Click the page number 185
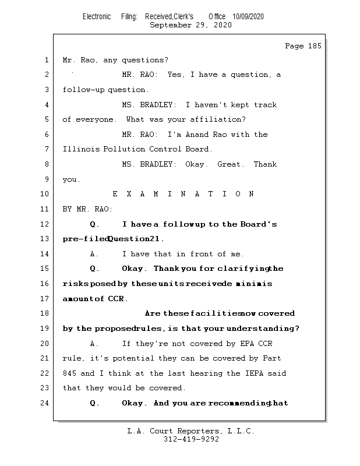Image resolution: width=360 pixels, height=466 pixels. point(315,46)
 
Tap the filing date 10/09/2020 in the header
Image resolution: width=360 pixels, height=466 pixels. point(248,17)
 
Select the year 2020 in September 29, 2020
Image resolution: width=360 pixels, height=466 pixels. point(223,25)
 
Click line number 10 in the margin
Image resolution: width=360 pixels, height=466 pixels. point(44,194)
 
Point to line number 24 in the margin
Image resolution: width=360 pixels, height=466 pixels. point(44,403)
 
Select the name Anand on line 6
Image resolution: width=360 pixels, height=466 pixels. point(197,135)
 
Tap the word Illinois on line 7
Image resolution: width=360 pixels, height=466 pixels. point(81,149)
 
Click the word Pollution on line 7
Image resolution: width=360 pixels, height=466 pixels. point(124,149)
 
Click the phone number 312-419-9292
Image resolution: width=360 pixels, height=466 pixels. point(191,439)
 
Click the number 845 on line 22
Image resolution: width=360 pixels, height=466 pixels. point(69,373)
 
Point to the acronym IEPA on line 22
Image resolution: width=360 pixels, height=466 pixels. point(254,373)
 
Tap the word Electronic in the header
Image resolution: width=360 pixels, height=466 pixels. point(97,17)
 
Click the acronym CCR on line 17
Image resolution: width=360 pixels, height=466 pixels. point(116,298)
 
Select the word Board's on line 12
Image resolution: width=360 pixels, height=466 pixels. point(258,224)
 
